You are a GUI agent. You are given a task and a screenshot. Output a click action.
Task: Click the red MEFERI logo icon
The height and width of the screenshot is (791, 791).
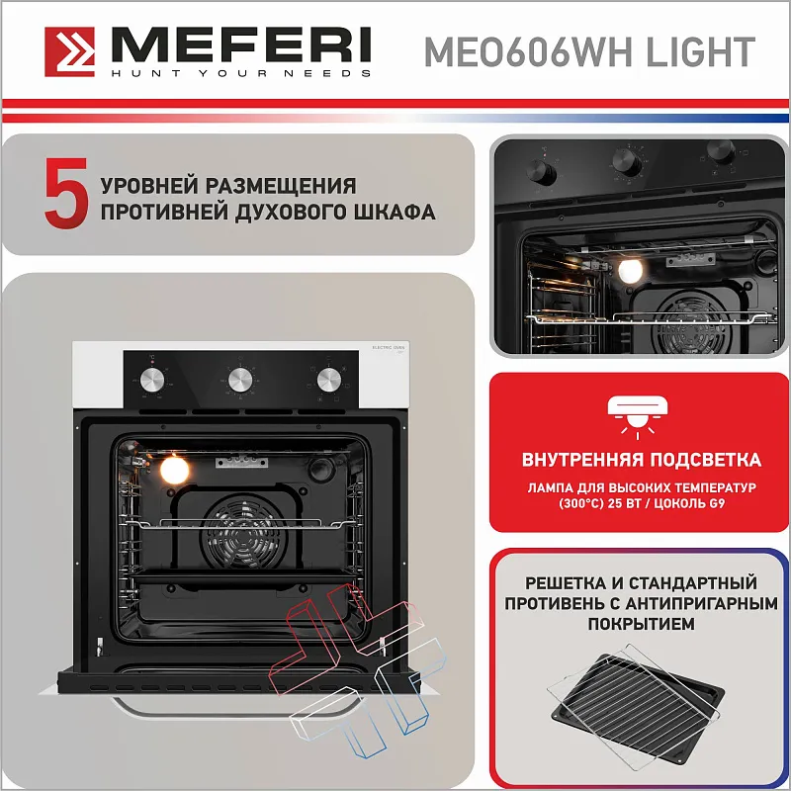pyautogui.click(x=69, y=51)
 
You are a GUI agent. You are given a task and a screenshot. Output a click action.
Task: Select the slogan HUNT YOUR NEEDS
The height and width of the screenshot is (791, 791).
pyautogui.click(x=240, y=73)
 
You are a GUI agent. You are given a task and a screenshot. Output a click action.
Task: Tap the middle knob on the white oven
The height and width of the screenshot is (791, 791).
pyautogui.click(x=239, y=379)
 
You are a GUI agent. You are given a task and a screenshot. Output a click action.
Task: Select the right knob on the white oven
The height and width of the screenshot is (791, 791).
pyautogui.click(x=327, y=379)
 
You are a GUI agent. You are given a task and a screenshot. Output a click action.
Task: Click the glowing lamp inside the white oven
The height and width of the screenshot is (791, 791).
pyautogui.click(x=174, y=469)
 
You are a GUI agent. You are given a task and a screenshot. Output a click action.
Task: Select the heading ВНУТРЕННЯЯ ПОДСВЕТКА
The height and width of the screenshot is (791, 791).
pyautogui.click(x=641, y=460)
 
